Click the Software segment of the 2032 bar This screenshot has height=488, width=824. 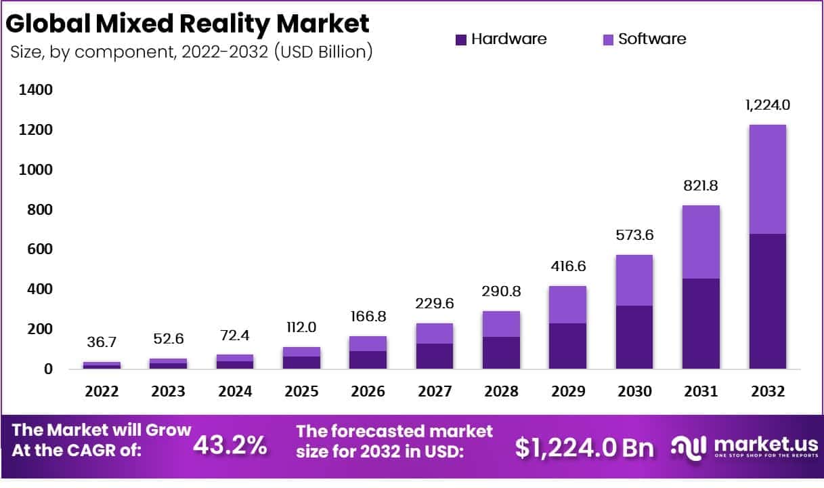pos(767,180)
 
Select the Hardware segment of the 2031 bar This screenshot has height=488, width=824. pos(701,323)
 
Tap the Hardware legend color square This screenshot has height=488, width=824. pos(461,39)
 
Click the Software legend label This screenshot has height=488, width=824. pos(652,39)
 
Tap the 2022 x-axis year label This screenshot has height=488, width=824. pos(102,392)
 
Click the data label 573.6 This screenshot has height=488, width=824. pos(634,235)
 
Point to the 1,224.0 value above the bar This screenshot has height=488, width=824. pos(768,105)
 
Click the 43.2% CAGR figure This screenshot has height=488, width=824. pos(230,445)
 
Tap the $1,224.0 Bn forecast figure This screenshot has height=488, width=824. pos(584,447)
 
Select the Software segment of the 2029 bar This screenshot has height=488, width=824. pos(567,304)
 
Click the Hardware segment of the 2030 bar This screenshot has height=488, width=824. pos(634,337)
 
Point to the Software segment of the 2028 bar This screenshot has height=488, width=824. pos(501,324)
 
